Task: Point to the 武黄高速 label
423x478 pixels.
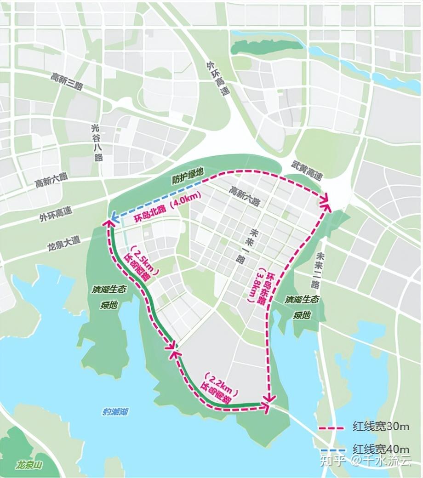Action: [x=307, y=170]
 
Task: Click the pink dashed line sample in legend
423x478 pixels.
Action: [x=332, y=428]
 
